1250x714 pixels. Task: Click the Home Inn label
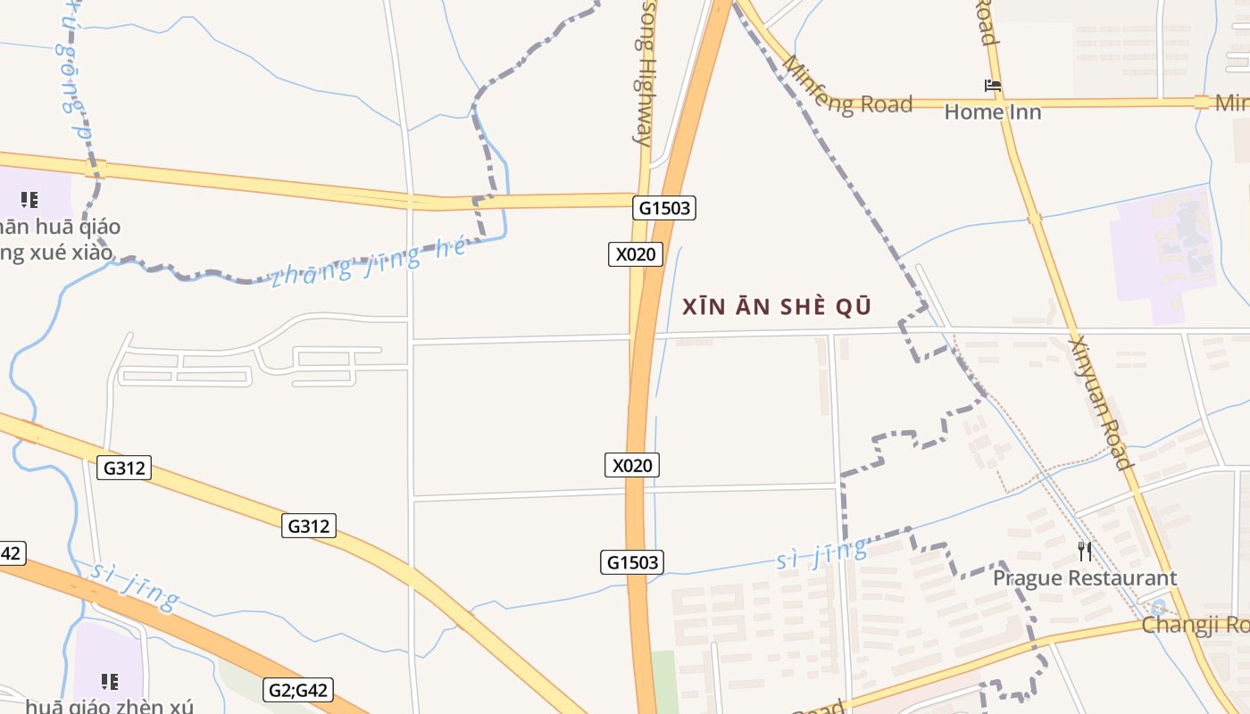(993, 112)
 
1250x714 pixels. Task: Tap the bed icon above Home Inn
(993, 87)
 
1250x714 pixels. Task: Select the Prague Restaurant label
(1085, 578)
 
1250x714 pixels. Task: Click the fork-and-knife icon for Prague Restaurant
(1085, 552)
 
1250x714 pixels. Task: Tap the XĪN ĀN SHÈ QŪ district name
(776, 307)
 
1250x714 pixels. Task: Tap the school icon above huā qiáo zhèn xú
(110, 682)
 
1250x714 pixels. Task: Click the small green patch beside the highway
(663, 683)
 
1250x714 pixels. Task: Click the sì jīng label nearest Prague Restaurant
(821, 553)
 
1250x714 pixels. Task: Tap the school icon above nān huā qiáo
(29, 199)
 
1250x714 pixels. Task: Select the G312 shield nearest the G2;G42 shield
(309, 527)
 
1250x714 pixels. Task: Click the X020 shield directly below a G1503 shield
(636, 254)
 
